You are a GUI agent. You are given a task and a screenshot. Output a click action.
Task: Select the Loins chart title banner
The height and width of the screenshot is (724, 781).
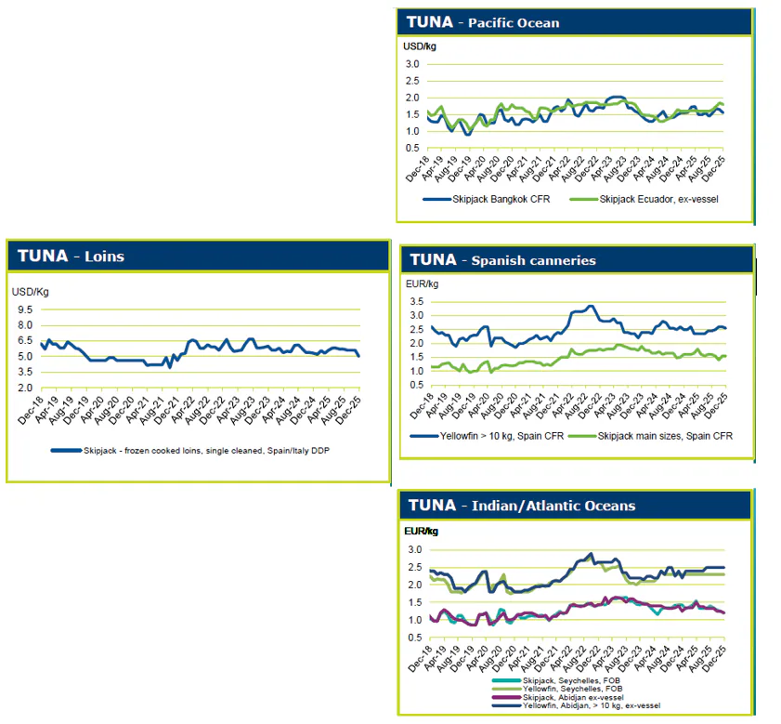69,257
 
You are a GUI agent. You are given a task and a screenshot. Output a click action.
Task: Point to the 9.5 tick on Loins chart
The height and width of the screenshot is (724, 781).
25,309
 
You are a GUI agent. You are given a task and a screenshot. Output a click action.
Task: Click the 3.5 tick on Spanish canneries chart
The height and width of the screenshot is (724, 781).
415,302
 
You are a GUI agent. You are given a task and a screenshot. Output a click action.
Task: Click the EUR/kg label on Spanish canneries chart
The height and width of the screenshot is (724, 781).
423,283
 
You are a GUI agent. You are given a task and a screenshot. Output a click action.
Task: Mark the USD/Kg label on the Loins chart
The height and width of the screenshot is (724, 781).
31,291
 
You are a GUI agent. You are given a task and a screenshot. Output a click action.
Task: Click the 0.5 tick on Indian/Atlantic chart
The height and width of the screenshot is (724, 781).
415,638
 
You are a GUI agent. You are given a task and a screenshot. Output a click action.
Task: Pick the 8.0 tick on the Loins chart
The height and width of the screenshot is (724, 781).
25,325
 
